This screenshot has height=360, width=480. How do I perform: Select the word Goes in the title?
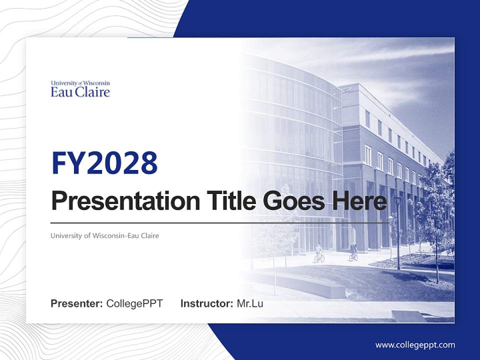point(292,201)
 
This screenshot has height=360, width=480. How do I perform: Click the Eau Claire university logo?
point(80,88)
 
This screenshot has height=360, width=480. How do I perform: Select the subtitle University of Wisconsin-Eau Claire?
point(104,235)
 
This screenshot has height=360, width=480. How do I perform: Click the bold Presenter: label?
point(77,303)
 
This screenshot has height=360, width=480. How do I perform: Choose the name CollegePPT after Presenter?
point(134,303)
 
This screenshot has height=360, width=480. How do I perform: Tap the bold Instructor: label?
point(206,303)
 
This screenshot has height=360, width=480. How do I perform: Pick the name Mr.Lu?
point(250,303)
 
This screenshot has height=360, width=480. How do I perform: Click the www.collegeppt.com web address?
point(415,345)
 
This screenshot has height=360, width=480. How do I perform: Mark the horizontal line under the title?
point(220,223)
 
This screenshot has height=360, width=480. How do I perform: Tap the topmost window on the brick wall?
point(367,118)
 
